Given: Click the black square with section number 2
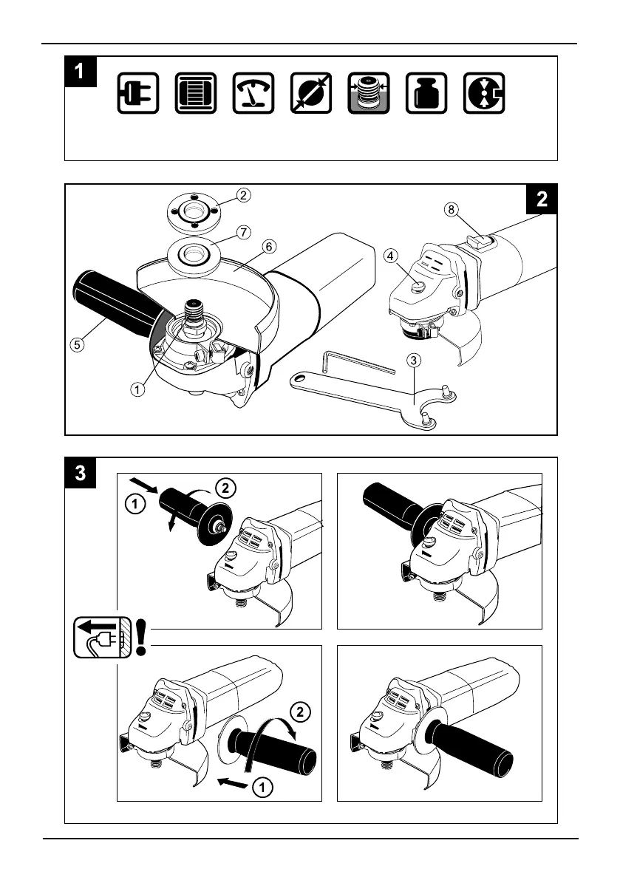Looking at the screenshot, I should coord(542,199).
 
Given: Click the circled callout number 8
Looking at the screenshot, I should coord(452,209).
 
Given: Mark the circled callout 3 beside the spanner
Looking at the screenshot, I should coord(415,360).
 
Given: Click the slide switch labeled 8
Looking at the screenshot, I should coord(477,239).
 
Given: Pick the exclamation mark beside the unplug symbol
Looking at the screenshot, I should coord(141,637).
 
